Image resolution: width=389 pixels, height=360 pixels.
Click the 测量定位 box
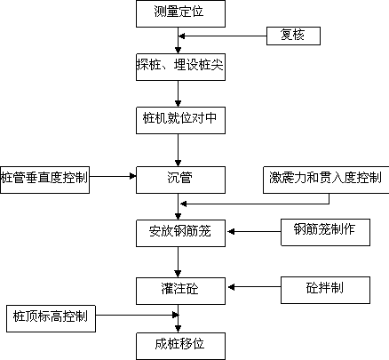tap(180, 13)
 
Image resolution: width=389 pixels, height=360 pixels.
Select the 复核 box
tap(293, 36)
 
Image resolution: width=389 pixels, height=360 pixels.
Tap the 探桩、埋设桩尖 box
tap(180, 67)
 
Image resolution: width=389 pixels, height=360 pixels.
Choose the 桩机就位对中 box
tap(180, 120)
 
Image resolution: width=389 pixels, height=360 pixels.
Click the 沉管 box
tap(180, 180)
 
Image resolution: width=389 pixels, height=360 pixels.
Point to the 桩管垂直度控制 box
tap(44, 180)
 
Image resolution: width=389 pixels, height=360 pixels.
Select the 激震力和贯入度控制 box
tap(326, 180)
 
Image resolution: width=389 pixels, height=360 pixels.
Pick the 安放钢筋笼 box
tap(180, 233)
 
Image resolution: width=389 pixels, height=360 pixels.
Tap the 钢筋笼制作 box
tap(325, 232)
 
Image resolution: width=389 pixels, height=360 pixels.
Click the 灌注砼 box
tap(180, 291)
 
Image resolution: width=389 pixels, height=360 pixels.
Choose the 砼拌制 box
tap(325, 290)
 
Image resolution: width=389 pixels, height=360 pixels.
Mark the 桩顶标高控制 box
tap(51, 318)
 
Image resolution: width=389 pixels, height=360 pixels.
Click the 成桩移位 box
tap(180, 346)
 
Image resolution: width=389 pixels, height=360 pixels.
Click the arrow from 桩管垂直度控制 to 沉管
tap(113, 176)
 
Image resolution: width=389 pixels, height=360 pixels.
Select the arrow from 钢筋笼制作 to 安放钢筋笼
tap(254, 231)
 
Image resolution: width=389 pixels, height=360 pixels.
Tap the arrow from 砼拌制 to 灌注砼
tap(254, 287)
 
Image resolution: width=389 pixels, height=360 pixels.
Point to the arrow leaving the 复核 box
tap(223, 36)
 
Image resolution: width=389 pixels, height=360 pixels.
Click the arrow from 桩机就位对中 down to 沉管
tap(178, 150)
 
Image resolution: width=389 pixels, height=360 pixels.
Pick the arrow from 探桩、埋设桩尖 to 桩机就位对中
tap(178, 93)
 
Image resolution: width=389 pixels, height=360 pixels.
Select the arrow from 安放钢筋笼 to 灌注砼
tap(178, 262)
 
